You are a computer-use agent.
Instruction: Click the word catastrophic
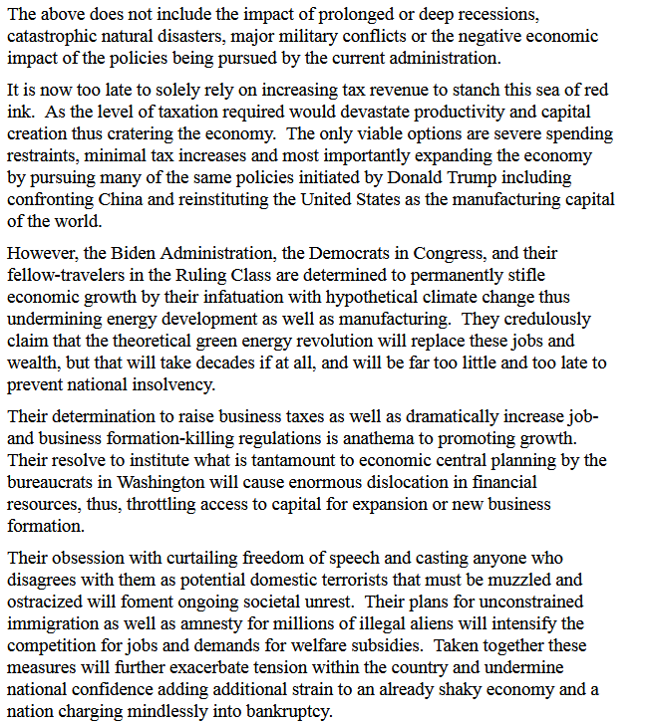[50, 37]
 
